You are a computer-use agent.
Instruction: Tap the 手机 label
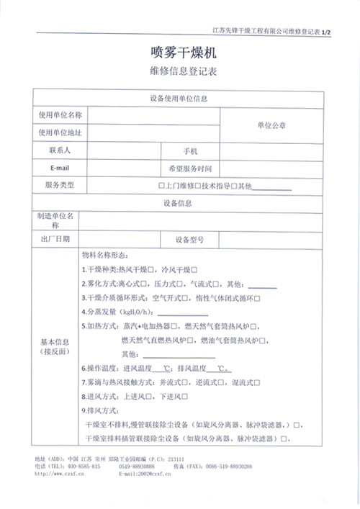[190, 150]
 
